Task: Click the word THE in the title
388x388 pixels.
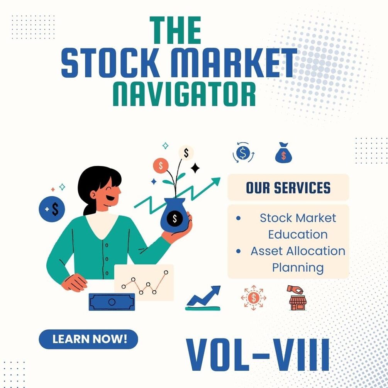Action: tap(176, 31)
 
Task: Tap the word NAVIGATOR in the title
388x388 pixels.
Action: tap(185, 93)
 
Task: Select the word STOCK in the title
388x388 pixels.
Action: tap(110, 63)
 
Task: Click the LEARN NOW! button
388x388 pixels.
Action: tap(88, 339)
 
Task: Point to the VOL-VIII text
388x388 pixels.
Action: tap(258, 354)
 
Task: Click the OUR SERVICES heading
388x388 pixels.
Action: tap(288, 188)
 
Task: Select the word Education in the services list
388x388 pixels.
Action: tap(298, 234)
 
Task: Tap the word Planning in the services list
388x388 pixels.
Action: tap(298, 267)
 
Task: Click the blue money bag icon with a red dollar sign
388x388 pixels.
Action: tap(283, 153)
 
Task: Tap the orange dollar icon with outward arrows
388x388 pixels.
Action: tap(253, 298)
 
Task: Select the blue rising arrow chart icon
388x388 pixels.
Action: tap(203, 298)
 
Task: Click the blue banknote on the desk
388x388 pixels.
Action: tap(112, 302)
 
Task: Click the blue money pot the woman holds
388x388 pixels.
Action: tap(175, 217)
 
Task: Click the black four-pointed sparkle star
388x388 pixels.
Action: tap(195, 168)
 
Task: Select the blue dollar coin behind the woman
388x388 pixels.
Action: tap(52, 209)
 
